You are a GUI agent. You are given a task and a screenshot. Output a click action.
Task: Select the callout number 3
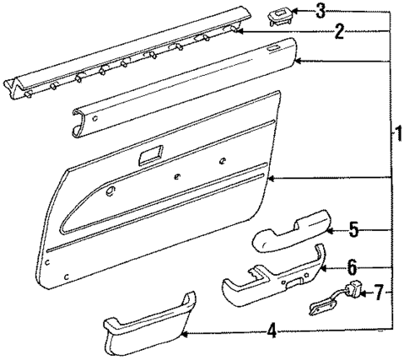point(319,10)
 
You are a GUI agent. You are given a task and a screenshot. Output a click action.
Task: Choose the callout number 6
point(352,267)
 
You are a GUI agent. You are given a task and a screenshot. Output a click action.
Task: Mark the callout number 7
point(380,292)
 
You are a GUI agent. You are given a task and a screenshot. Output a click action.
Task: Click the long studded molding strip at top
point(125,58)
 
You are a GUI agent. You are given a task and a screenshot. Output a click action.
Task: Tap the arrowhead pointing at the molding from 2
point(241,30)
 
